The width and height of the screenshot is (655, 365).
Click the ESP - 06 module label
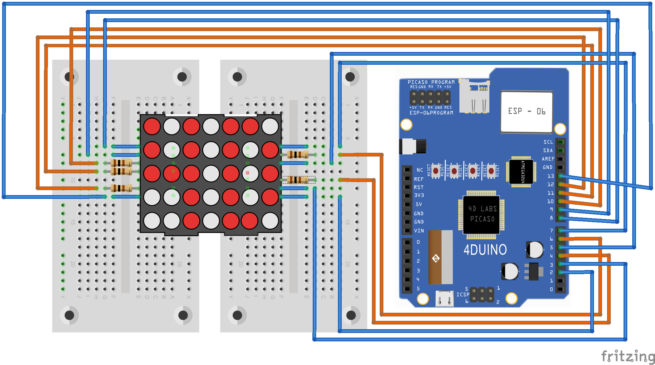(x=526, y=111)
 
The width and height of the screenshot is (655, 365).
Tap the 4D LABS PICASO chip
(x=482, y=214)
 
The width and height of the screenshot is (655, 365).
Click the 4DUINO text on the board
(x=485, y=250)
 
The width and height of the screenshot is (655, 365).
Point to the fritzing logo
(x=628, y=356)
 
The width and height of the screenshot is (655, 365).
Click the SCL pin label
(x=548, y=142)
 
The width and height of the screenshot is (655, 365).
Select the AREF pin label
(x=548, y=159)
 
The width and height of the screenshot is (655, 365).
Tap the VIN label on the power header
(x=419, y=231)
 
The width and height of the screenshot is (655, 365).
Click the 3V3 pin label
(x=419, y=195)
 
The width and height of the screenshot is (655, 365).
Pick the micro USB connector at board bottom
(x=444, y=299)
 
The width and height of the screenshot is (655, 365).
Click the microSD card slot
(x=474, y=96)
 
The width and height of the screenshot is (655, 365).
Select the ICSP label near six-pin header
(x=463, y=294)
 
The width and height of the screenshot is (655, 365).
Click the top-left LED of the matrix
(x=152, y=126)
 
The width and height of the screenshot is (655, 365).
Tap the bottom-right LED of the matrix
(x=270, y=221)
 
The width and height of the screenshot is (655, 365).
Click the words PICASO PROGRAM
(x=431, y=82)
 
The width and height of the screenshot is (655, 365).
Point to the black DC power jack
(x=413, y=146)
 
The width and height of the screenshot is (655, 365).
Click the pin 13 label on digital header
(x=551, y=176)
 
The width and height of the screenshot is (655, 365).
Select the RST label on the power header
(x=419, y=187)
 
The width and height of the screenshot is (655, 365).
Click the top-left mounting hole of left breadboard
(x=69, y=77)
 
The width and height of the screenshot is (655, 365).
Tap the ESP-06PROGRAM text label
(x=431, y=113)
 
